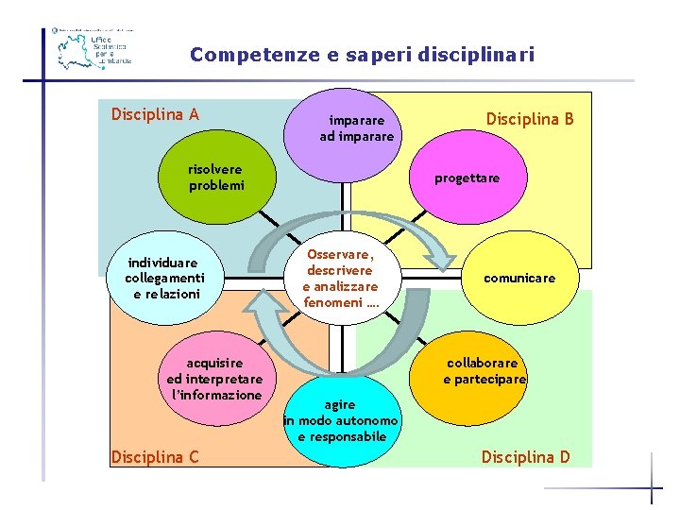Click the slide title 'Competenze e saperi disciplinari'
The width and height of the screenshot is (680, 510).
362,55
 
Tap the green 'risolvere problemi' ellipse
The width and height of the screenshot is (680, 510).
216,178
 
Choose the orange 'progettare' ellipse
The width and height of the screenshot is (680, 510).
467,178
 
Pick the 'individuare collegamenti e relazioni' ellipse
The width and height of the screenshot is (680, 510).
164,278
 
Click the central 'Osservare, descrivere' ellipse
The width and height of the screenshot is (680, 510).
340,278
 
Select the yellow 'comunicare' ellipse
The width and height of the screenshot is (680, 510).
519,278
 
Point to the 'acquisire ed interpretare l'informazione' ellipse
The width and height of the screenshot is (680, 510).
214,379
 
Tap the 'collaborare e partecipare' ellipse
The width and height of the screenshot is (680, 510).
484,371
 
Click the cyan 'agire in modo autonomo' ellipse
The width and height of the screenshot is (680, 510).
341,420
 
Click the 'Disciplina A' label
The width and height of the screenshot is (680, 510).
155,115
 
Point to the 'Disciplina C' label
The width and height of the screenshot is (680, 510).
155,457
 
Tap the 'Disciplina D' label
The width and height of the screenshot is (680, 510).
526,457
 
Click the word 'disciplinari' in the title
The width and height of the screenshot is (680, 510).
484,55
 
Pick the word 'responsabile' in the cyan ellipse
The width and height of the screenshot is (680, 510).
342,436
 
